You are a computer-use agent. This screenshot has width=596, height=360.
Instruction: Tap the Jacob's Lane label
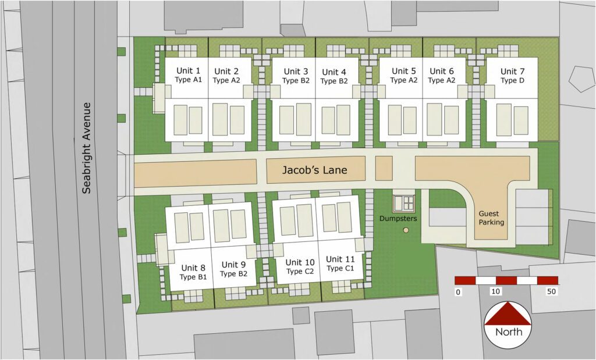click(314, 170)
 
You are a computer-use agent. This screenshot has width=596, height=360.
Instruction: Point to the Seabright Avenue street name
click(87, 148)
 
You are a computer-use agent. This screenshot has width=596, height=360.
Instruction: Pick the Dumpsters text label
click(399, 219)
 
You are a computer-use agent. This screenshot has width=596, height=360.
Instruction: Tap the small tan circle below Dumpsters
click(406, 231)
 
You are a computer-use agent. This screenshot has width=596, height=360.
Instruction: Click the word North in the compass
click(508, 333)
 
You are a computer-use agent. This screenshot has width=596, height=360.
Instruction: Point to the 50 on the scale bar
click(551, 291)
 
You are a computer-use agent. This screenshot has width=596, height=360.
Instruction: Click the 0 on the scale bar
click(459, 291)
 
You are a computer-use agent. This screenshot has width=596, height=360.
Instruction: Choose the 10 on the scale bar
click(496, 291)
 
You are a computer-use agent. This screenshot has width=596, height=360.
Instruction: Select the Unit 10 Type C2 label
click(300, 267)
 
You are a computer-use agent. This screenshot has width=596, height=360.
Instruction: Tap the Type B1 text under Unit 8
click(194, 277)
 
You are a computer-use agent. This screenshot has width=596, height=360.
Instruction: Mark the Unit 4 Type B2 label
click(334, 76)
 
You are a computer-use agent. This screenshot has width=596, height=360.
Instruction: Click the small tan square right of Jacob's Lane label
click(384, 169)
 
